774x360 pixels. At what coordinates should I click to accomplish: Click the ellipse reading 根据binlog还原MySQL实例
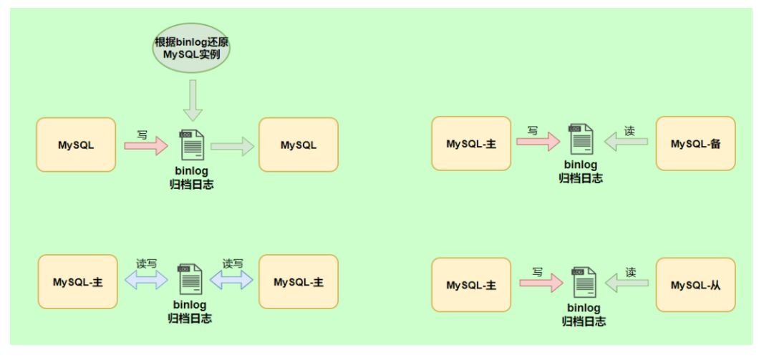tap(191, 48)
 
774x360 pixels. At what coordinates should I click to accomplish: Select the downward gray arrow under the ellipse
tap(193, 100)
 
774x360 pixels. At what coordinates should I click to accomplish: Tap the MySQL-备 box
tap(695, 144)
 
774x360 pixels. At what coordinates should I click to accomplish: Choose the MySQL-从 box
tap(695, 285)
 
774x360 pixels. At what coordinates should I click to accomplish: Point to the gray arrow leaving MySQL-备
tap(626, 142)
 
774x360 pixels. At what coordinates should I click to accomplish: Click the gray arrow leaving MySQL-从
tap(627, 283)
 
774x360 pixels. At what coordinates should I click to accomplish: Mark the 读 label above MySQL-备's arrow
tap(629, 131)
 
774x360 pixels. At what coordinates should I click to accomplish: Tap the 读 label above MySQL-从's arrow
tap(631, 272)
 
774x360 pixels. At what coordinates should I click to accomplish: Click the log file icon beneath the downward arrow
tap(192, 145)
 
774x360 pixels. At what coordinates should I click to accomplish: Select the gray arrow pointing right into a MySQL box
tap(233, 147)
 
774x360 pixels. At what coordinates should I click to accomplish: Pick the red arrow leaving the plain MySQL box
tap(146, 145)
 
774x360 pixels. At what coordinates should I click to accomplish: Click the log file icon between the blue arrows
tap(190, 280)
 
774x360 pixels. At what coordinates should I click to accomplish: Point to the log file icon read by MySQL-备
tap(581, 139)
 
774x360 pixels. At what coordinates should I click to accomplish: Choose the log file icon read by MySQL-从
tap(584, 282)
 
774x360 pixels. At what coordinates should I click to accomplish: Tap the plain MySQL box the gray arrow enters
tap(299, 145)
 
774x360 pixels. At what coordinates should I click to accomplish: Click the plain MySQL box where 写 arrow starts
tap(76, 145)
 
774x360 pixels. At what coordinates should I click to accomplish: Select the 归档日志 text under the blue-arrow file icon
tap(190, 318)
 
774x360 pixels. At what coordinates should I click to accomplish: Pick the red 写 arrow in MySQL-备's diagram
tap(538, 142)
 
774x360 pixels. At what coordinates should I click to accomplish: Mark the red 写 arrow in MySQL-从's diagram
tap(541, 283)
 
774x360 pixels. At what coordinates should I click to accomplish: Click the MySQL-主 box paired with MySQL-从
tap(471, 285)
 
